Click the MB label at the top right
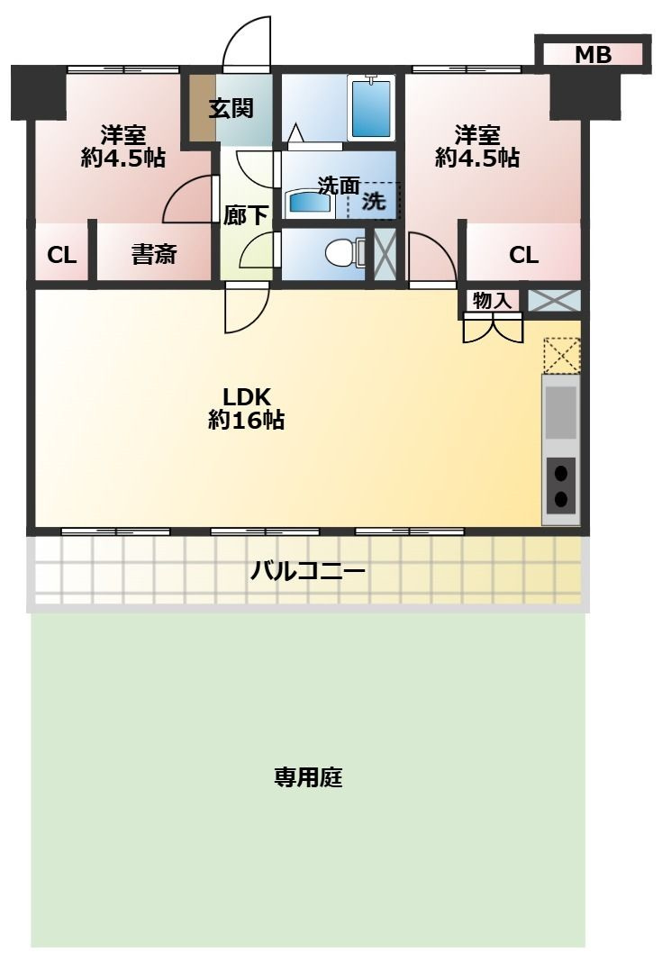click(593, 55)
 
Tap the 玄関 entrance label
click(231, 108)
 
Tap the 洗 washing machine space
click(374, 202)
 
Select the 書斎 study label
click(154, 255)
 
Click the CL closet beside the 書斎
click(61, 255)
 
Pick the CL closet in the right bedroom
click(523, 255)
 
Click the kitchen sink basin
click(560, 412)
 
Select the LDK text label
click(247, 396)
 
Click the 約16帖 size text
click(247, 420)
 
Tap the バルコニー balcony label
click(308, 571)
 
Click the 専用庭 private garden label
click(308, 777)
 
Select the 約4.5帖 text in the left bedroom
click(122, 159)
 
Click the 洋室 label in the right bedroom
click(476, 135)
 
